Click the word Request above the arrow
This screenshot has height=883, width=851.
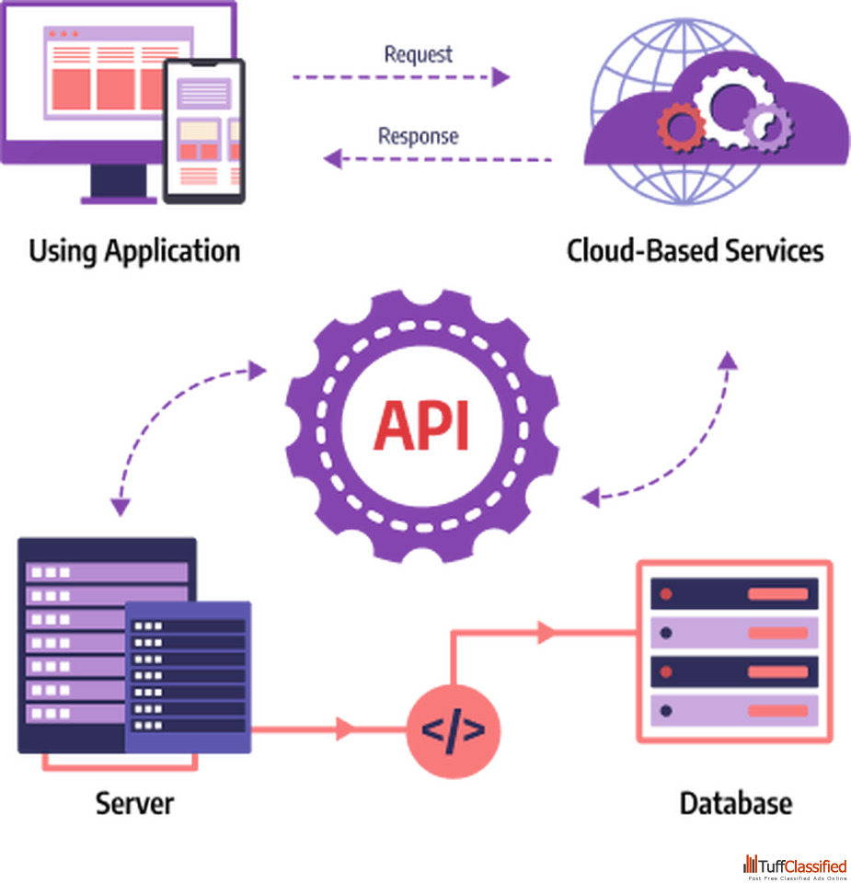click(419, 54)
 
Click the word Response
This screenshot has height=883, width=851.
click(418, 136)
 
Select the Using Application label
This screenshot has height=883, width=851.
click(134, 251)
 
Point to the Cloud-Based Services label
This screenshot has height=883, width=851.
click(695, 251)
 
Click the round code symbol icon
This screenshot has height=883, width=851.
click(453, 730)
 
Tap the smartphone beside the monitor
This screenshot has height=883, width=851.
click(203, 130)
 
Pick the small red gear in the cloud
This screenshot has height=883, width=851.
click(681, 126)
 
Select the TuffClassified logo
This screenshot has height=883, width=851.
click(795, 866)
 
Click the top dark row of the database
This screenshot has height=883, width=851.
click(734, 594)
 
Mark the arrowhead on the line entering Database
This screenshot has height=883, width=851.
click(546, 632)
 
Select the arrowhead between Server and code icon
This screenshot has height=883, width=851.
click(346, 729)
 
